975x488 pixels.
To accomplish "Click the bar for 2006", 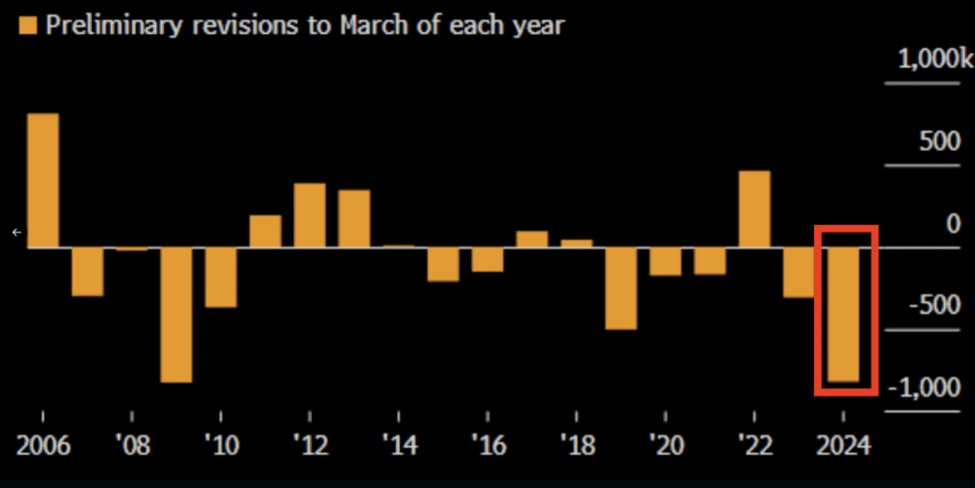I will pyautogui.click(x=42, y=180).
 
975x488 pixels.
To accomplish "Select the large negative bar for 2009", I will pyautogui.click(x=176, y=315).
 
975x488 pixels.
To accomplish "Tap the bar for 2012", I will pyautogui.click(x=310, y=215).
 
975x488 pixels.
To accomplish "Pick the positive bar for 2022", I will pyautogui.click(x=755, y=209).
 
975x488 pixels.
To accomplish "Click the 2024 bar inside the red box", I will pyautogui.click(x=844, y=315).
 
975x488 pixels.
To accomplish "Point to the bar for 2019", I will pyautogui.click(x=621, y=288).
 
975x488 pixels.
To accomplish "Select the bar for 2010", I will pyautogui.click(x=220, y=278).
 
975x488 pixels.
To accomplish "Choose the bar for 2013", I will pyautogui.click(x=354, y=218).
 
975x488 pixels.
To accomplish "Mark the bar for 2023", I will pyautogui.click(x=799, y=273).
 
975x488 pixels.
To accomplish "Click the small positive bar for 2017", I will pyautogui.click(x=532, y=240).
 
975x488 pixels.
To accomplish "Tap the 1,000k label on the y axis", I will pyautogui.click(x=934, y=60).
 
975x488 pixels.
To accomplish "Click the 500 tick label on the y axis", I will pyautogui.click(x=941, y=142).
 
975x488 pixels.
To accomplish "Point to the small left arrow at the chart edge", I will pyautogui.click(x=16, y=232).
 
